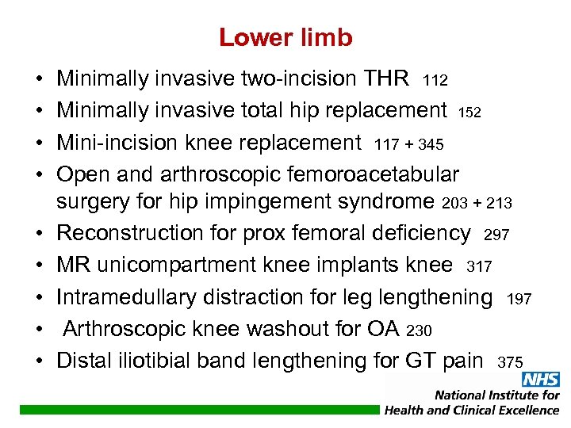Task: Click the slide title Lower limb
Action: [285, 37]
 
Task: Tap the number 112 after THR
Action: [435, 81]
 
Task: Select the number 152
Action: [469, 113]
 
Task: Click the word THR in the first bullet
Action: [385, 78]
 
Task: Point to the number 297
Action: [496, 235]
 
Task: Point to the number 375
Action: [510, 363]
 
